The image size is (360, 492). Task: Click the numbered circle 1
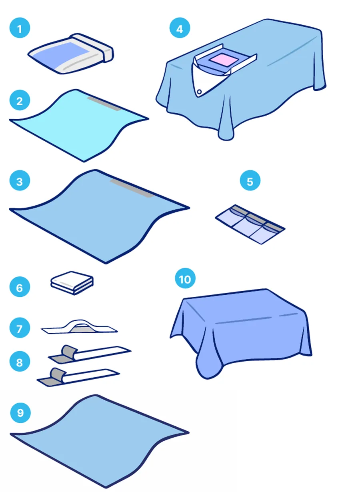click(20, 28)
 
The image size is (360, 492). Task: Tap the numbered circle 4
click(180, 28)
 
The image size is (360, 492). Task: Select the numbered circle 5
click(250, 180)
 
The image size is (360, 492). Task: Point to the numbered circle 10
click(185, 278)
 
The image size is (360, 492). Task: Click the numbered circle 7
click(20, 328)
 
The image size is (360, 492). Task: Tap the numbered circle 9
click(20, 412)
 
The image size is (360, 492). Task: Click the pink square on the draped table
click(223, 59)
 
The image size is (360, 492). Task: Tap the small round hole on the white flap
click(199, 92)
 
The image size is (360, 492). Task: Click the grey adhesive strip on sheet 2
click(104, 103)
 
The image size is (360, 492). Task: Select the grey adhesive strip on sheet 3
click(132, 188)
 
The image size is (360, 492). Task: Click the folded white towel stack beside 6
click(72, 283)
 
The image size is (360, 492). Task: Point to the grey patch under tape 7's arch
click(80, 330)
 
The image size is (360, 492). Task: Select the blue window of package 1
click(62, 55)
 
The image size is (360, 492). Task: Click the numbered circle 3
click(20, 180)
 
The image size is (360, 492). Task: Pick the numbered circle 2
click(20, 100)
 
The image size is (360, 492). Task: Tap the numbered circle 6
click(20, 287)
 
